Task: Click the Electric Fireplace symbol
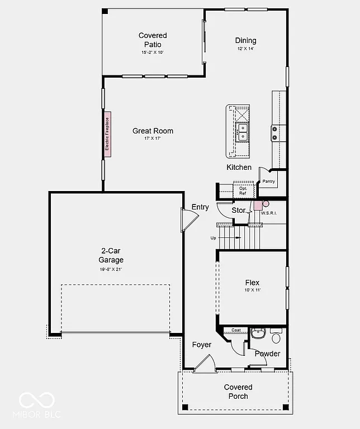107,134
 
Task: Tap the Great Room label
153,131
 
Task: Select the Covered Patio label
153,40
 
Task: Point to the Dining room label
245,40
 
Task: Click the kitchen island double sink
243,132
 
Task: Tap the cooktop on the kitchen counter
274,132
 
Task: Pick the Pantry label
269,182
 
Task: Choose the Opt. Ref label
243,190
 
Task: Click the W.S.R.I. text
269,213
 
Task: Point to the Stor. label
239,210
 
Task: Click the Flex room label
252,283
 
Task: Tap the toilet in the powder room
276,337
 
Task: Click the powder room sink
258,333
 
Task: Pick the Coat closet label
236,330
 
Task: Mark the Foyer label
201,345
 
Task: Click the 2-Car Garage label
112,255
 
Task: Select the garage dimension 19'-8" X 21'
112,269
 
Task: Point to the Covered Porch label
238,392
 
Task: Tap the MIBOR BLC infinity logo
37,400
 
